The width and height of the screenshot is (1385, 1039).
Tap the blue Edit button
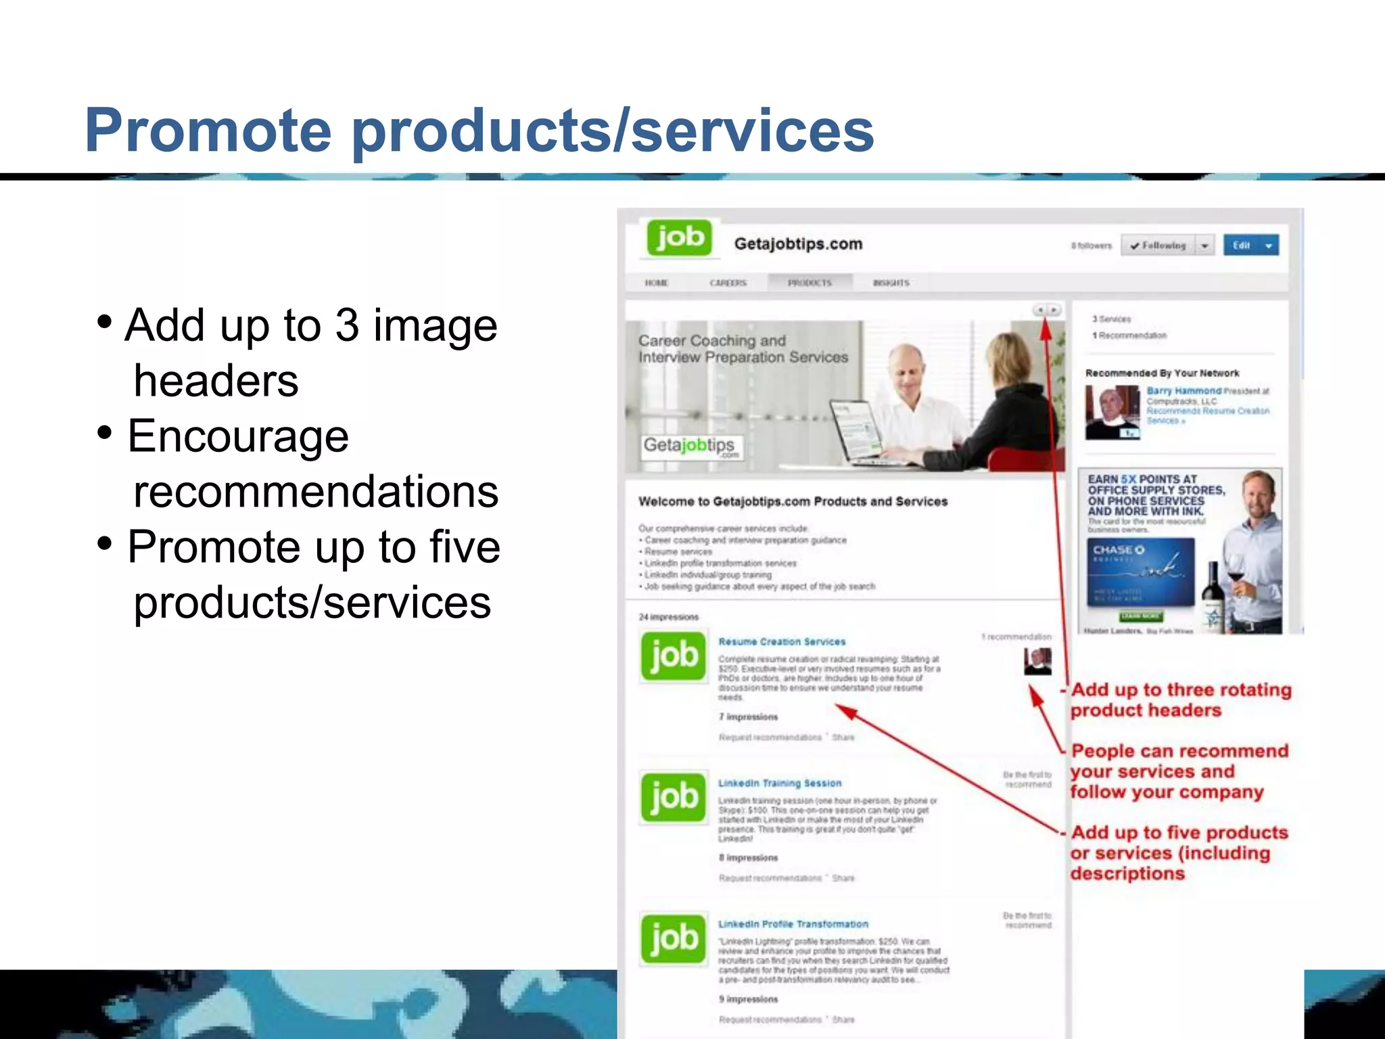click(x=1242, y=246)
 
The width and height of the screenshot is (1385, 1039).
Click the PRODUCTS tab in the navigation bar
click(x=809, y=283)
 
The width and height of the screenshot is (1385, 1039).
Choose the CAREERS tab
click(x=728, y=283)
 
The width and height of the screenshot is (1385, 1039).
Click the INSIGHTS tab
click(x=891, y=283)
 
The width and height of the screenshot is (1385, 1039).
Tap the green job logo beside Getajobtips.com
click(x=680, y=238)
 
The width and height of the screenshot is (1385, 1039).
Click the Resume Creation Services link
click(x=782, y=641)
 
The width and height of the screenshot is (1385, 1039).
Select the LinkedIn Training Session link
click(x=780, y=783)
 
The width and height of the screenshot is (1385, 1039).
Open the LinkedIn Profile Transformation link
click(x=793, y=924)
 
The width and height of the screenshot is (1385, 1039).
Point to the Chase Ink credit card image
click(x=1140, y=572)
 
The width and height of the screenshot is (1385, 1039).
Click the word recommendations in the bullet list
click(x=316, y=492)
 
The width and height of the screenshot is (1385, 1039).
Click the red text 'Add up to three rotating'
click(x=1181, y=690)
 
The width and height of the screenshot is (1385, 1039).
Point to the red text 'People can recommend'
click(x=1179, y=751)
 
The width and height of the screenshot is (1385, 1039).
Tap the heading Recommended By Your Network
click(x=1162, y=373)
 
